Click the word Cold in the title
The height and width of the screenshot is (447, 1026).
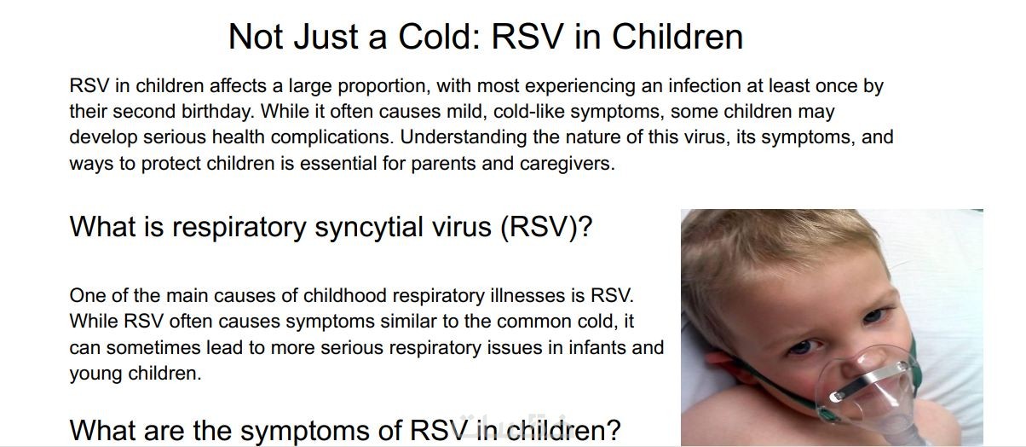439,37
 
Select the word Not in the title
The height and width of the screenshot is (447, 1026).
256,37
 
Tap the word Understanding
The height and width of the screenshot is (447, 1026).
464,138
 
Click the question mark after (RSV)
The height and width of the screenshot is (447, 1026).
584,226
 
